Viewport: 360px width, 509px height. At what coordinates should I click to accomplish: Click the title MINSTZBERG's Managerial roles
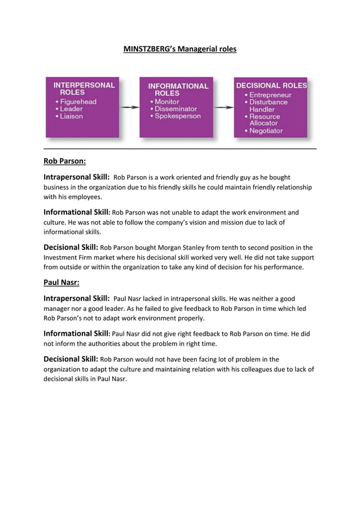pos(179,50)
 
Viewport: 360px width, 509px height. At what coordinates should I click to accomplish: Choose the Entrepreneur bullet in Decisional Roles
pos(270,95)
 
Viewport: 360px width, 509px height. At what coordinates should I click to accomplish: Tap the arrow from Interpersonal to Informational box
pos(130,107)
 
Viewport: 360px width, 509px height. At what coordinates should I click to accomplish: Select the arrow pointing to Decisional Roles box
pos(224,107)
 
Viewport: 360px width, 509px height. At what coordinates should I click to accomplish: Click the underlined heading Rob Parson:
pos(64,161)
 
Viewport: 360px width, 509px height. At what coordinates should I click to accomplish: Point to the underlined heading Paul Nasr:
pos(61,282)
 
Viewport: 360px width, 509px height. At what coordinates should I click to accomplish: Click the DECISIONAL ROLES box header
pos(271,86)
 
